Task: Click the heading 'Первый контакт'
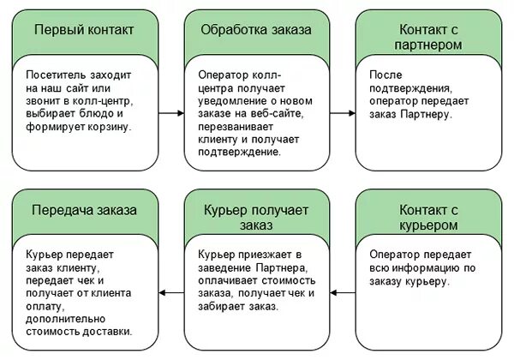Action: [83, 30]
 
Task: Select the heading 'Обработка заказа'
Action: [255, 30]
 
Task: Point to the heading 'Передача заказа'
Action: [83, 210]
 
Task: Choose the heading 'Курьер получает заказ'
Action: [255, 218]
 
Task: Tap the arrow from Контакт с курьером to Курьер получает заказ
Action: [343, 292]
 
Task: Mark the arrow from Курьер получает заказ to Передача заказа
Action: [171, 292]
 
